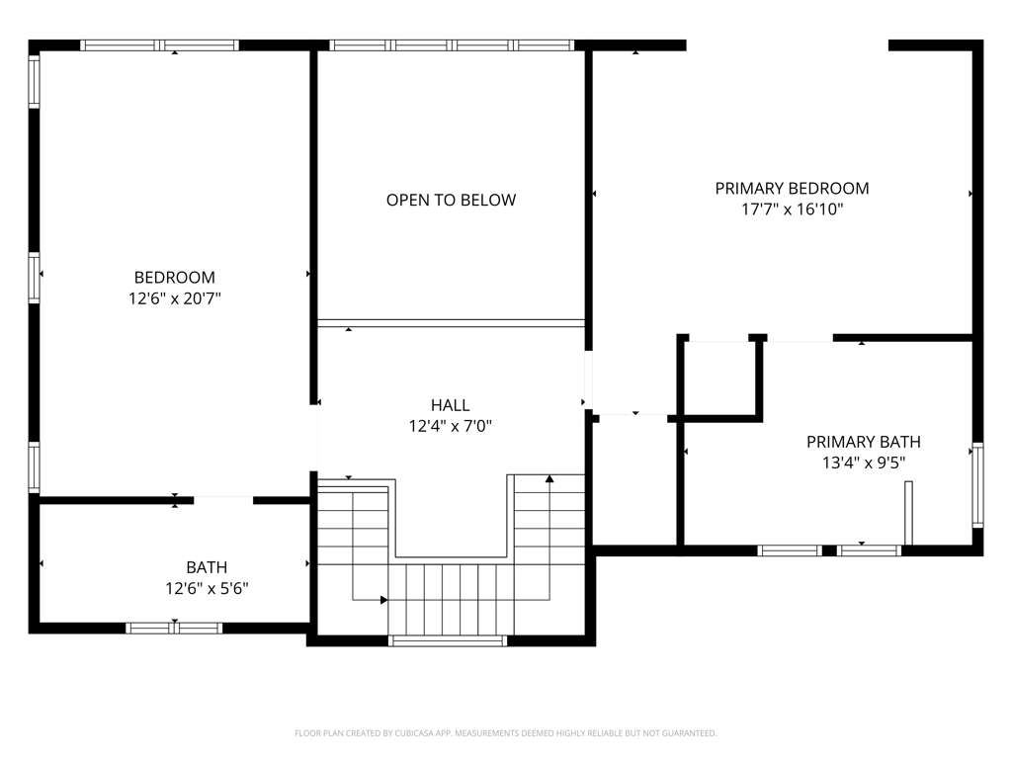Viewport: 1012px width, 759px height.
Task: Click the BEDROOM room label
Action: point(174,278)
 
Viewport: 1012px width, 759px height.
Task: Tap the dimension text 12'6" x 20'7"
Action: point(174,298)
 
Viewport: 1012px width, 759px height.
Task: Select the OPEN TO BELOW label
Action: point(451,200)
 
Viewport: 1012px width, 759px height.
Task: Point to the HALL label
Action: point(450,405)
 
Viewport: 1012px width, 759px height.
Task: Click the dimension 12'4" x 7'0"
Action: point(450,426)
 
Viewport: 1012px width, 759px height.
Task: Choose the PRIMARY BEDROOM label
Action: point(792,189)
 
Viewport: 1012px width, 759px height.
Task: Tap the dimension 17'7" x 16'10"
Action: point(792,210)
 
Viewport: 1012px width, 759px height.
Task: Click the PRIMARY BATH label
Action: point(864,442)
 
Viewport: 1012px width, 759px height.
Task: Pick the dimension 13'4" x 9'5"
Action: point(864,463)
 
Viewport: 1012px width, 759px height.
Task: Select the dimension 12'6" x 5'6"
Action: point(207,589)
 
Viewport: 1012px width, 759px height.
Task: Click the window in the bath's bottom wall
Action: point(174,628)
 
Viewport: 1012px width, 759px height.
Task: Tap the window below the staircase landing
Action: point(448,640)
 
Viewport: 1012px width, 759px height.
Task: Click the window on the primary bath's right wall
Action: point(977,485)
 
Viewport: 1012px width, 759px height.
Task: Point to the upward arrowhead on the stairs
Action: point(549,479)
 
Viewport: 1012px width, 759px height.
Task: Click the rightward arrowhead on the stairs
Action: point(384,600)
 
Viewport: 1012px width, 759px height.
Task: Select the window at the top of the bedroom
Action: point(159,45)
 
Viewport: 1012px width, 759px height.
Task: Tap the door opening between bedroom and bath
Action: point(223,500)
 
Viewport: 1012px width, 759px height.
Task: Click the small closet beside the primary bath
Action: point(719,379)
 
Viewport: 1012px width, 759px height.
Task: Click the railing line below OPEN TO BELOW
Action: point(451,323)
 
